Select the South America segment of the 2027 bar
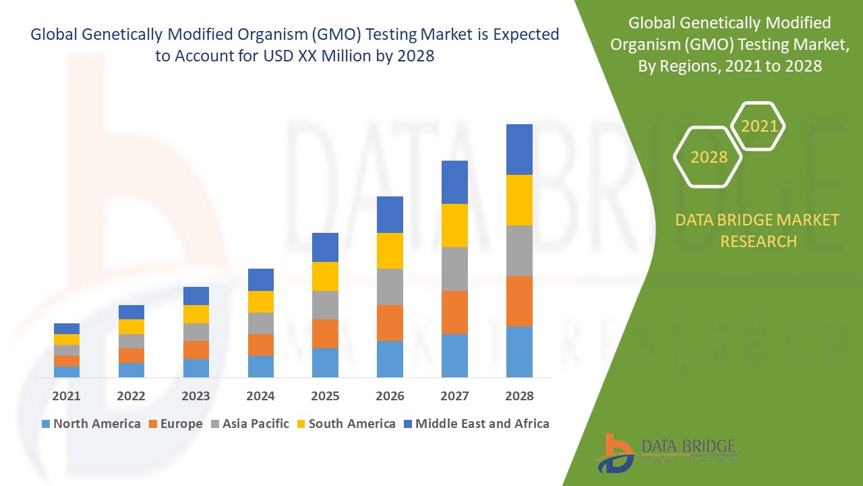point(454,225)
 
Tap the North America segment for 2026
point(390,358)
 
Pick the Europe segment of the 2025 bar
point(325,333)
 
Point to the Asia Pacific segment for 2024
point(261,323)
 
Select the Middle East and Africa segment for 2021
point(67,329)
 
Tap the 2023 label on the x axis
point(196,396)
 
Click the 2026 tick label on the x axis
point(390,396)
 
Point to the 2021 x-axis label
point(67,396)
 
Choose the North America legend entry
point(90,424)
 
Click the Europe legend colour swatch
point(154,425)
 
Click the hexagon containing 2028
point(708,157)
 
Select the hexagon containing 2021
point(758,126)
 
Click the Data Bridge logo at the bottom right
point(667,452)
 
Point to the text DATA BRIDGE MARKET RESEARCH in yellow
point(758,230)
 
